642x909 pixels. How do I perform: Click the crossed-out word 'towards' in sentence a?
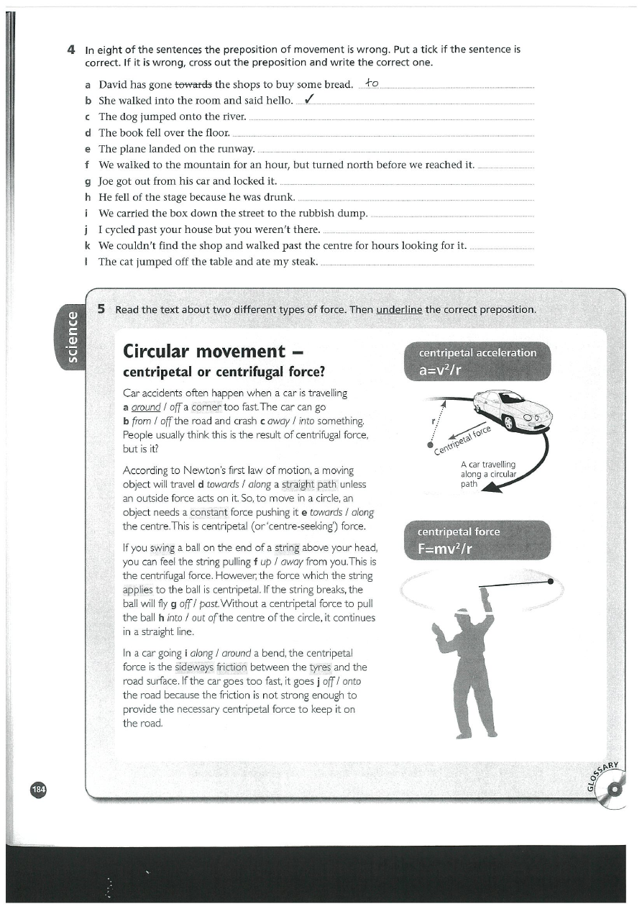point(193,85)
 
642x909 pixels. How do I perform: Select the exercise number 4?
point(71,50)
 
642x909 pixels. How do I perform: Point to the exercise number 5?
point(102,309)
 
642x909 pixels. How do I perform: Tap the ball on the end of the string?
point(550,581)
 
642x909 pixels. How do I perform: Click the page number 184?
point(38,789)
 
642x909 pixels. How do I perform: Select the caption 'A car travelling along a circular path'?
point(488,474)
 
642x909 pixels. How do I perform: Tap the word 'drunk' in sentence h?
point(276,197)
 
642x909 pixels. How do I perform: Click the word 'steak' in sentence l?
point(300,261)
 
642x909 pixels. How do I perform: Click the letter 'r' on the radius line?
point(433,421)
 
